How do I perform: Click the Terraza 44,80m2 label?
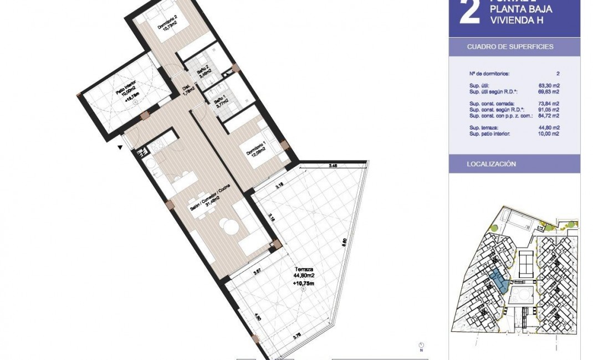point(303,274)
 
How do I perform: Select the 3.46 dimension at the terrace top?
point(333,166)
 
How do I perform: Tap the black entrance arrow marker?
point(120,147)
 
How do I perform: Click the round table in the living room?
point(229,224)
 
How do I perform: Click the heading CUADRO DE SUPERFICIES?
point(510,47)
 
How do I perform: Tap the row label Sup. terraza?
point(484,128)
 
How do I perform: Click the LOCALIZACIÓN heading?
point(491,164)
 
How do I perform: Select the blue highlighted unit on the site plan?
point(500,282)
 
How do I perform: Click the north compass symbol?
point(421,345)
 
